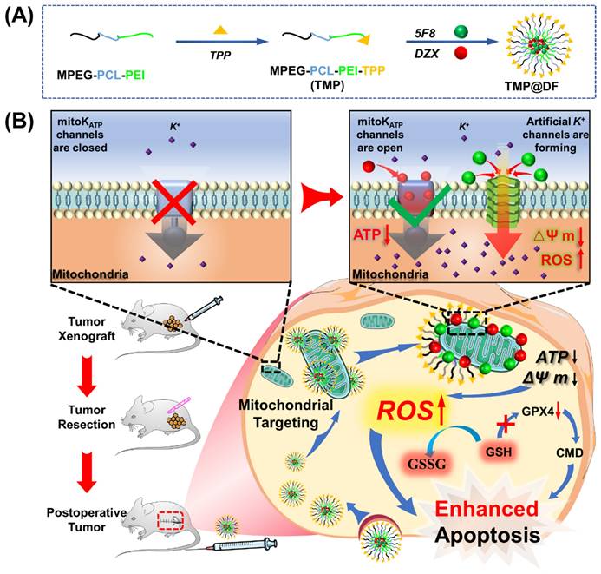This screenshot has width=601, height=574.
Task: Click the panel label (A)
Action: (x=19, y=19)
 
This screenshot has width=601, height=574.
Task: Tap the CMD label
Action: (x=557, y=452)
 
